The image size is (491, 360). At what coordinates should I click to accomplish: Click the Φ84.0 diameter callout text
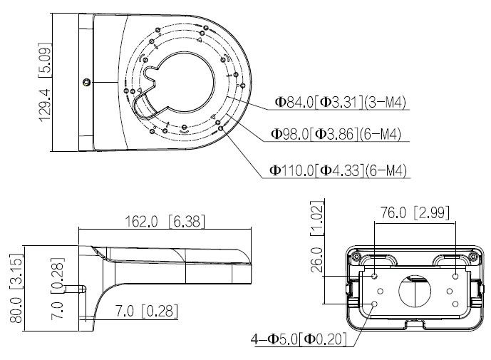coord(340,102)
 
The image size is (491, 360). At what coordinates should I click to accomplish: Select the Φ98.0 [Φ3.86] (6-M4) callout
coord(336,134)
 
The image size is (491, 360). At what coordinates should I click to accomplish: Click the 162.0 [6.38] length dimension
coord(165,222)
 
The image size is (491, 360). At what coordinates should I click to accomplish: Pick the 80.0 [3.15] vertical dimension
coord(16,288)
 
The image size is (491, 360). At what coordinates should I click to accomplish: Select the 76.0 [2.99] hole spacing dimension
coord(415,212)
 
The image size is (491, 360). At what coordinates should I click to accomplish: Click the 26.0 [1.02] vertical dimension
coord(317,237)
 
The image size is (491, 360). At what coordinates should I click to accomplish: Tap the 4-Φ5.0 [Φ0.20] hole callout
coord(299,339)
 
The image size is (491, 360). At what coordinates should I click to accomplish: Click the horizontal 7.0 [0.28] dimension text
coord(147,311)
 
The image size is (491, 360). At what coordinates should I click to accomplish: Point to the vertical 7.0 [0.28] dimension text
coord(58,288)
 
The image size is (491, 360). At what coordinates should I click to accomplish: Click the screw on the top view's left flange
coord(87,83)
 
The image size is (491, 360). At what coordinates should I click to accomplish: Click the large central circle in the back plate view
coord(415,291)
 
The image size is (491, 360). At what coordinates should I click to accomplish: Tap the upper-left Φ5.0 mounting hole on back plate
coord(375,276)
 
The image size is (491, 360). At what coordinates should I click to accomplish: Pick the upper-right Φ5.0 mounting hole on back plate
coord(455,276)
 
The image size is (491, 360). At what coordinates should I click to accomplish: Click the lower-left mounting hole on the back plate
coord(375,304)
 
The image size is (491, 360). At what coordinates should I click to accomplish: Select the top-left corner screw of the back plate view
coord(356,257)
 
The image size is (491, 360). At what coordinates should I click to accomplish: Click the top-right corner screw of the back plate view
coord(473,257)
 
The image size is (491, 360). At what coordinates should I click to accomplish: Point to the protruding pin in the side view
coord(75,289)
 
